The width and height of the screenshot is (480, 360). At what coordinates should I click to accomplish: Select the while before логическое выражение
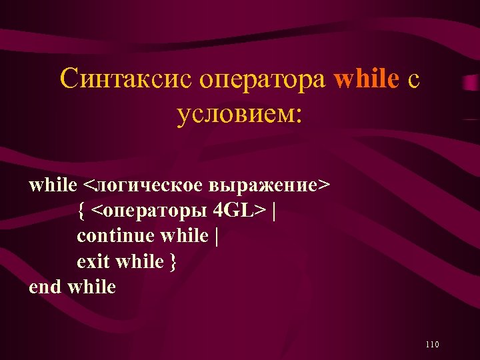[53, 185]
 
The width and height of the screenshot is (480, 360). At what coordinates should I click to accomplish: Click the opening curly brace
[81, 211]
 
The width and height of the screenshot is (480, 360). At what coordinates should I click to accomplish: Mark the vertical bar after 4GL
[274, 211]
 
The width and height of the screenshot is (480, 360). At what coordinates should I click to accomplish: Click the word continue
[116, 236]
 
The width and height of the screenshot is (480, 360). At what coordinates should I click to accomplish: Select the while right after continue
[185, 236]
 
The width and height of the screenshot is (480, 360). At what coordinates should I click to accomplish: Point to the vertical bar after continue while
[216, 236]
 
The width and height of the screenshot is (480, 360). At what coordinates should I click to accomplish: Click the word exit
[94, 261]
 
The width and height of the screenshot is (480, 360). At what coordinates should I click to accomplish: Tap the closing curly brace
[173, 262]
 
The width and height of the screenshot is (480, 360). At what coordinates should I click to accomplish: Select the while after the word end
[91, 287]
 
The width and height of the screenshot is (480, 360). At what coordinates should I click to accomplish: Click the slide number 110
[431, 344]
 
